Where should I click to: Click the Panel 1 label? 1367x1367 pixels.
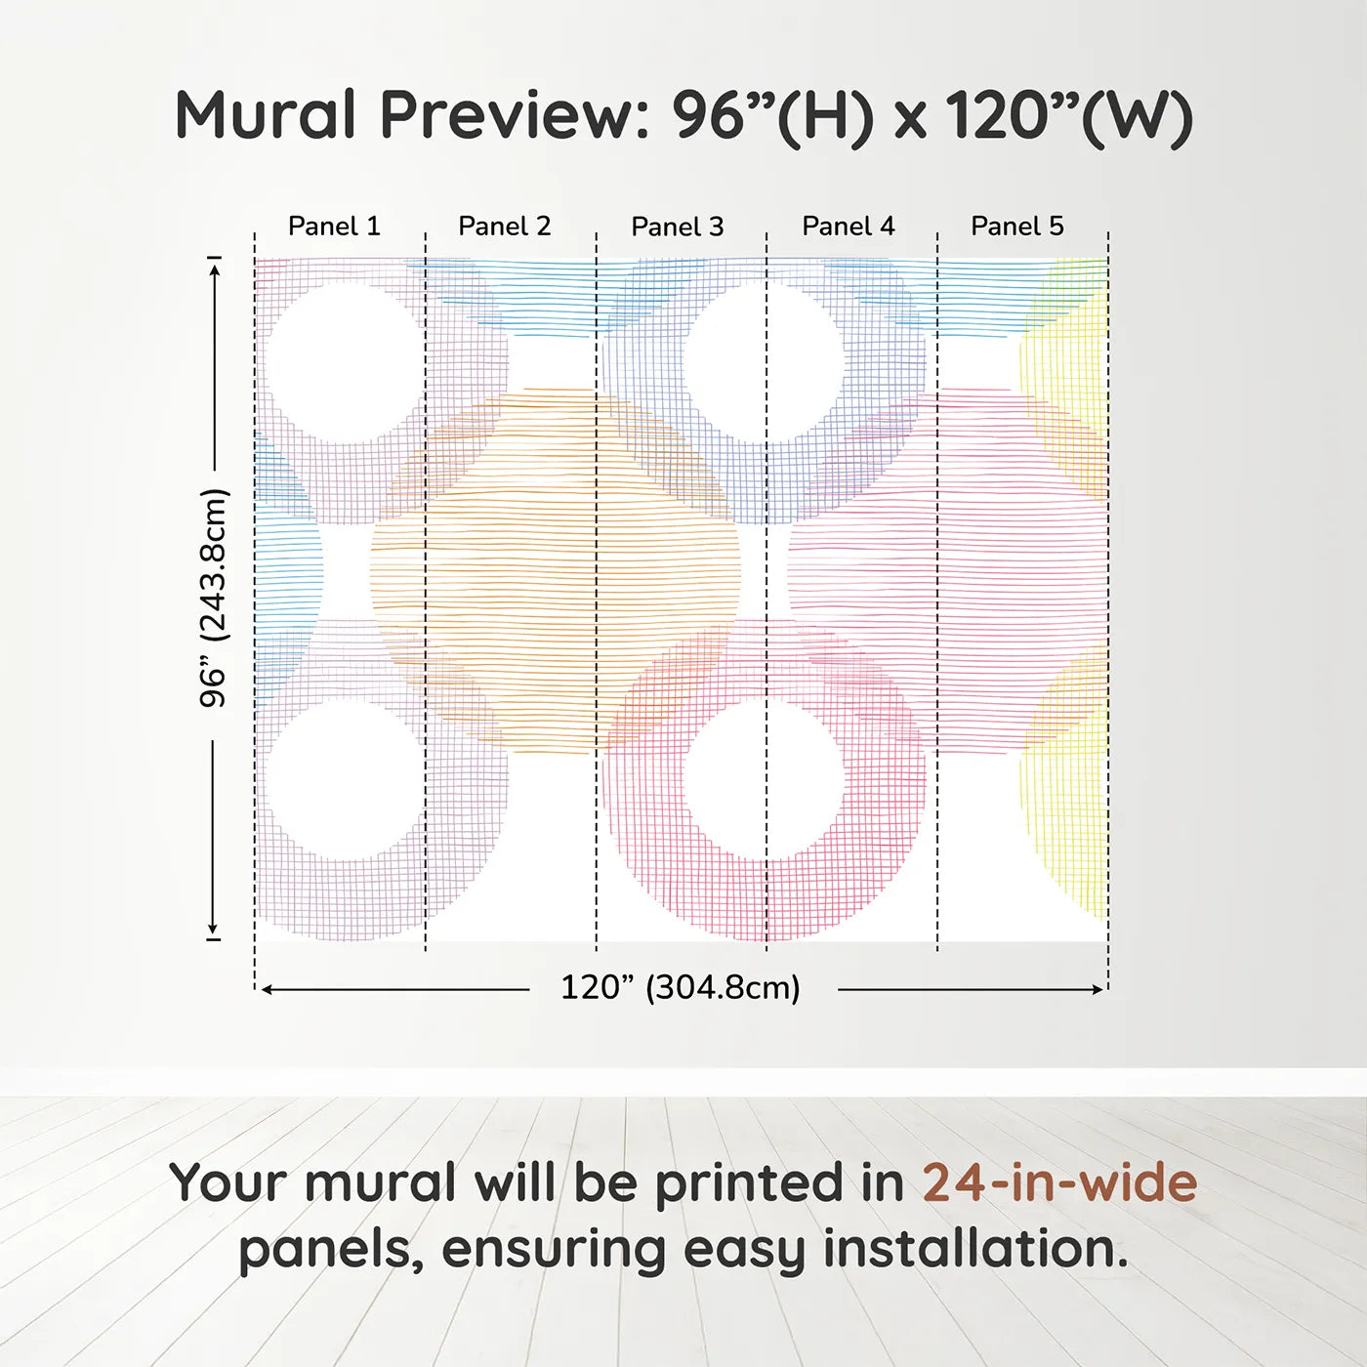[334, 227]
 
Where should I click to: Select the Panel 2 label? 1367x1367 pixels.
[505, 227]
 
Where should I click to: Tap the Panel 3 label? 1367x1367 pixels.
[678, 227]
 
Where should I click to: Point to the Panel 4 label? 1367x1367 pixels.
[849, 227]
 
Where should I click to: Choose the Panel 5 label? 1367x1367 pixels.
[1017, 227]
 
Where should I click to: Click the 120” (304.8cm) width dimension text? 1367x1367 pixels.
[681, 987]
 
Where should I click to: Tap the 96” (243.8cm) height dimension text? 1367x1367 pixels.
[214, 598]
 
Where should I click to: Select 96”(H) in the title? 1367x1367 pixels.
[772, 115]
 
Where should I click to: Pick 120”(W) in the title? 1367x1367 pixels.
[1068, 115]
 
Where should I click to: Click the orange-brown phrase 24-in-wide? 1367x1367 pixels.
[1059, 1182]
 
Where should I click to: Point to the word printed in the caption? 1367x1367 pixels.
[750, 1183]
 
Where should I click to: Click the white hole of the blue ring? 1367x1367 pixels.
[764, 361]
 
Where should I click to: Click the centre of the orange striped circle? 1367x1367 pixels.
[555, 571]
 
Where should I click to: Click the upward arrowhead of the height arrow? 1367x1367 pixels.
[215, 267]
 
